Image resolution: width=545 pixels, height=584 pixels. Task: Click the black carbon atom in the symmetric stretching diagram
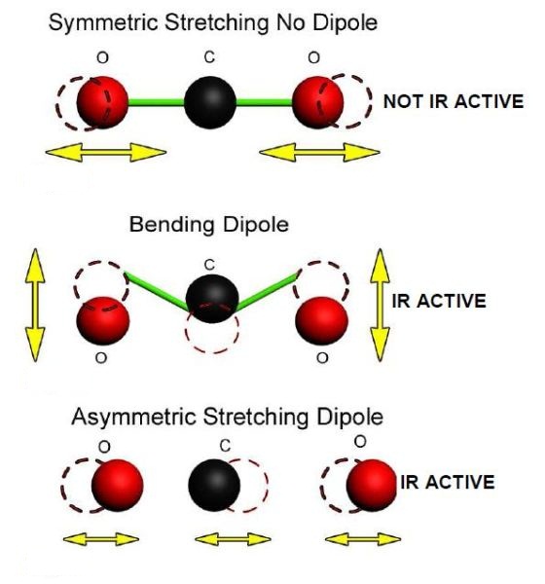[x=210, y=102]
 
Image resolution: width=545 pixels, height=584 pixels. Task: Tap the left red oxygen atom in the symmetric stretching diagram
[x=102, y=102]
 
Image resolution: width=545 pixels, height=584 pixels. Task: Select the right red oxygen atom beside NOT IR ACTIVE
[x=318, y=102]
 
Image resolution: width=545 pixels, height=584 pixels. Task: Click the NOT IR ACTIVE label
[x=454, y=101]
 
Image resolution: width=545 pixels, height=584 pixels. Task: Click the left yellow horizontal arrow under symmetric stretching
[x=106, y=152]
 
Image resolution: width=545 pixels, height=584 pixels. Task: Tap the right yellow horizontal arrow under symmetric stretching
[x=319, y=152]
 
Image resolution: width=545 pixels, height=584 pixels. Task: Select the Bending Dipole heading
[x=208, y=225]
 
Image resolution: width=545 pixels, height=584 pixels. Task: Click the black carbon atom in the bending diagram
[x=212, y=299]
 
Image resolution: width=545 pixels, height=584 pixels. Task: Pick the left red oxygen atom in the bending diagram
[x=103, y=320]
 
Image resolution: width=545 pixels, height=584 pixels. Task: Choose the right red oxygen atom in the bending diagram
[x=321, y=320]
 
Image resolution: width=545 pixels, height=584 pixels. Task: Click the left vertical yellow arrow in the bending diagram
[x=35, y=305]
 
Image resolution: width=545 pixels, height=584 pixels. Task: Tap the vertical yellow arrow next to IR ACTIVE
[x=380, y=305]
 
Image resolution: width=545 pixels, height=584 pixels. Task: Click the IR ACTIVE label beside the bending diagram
[x=439, y=301]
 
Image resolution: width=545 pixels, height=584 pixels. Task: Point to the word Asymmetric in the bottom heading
[x=133, y=418]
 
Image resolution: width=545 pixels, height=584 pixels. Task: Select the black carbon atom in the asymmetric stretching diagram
[x=214, y=486]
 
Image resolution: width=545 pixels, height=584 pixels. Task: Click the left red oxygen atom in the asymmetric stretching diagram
[x=118, y=486]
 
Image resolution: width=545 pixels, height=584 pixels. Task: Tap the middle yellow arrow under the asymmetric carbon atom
[x=233, y=539]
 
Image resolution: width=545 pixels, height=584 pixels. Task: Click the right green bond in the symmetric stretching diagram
[x=264, y=101]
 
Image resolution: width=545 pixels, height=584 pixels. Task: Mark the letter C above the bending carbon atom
[x=210, y=265]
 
